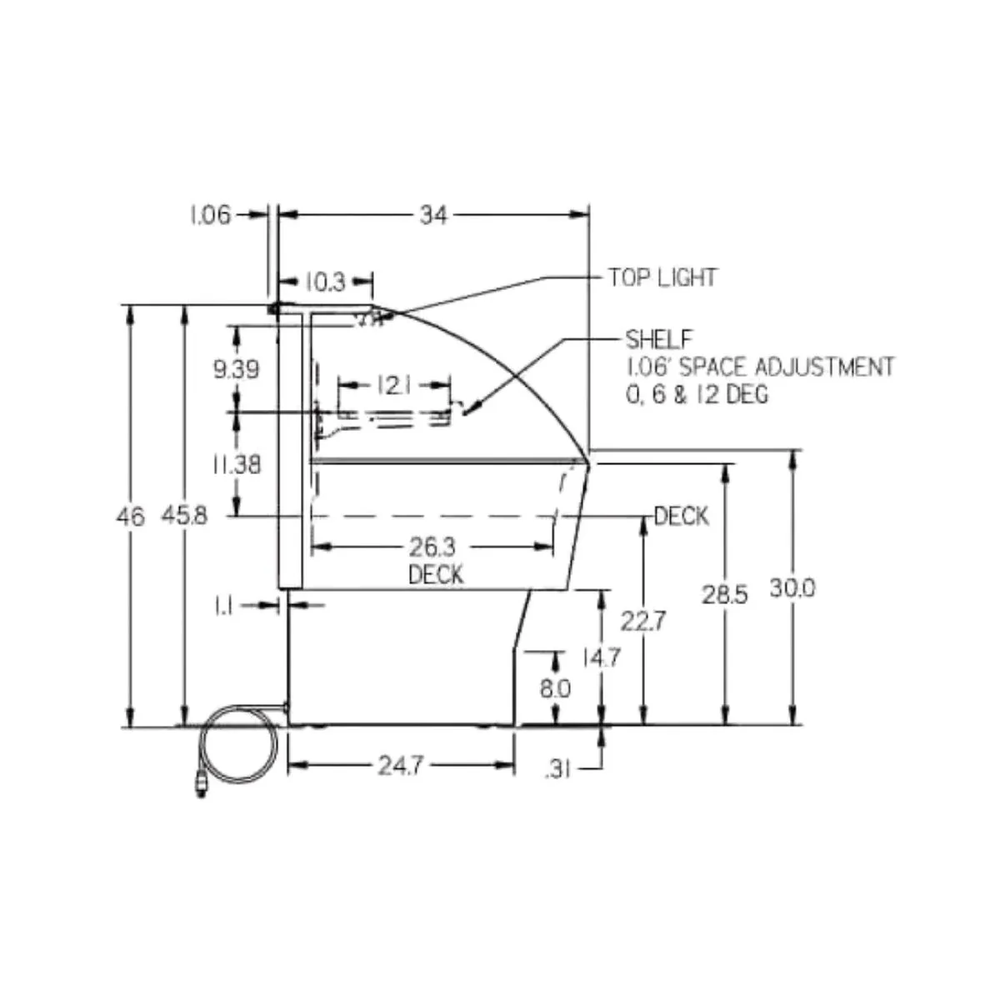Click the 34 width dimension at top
(432, 215)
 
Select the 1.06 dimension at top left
(210, 215)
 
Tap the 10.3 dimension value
(324, 282)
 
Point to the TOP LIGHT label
(662, 277)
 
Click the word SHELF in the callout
(659, 339)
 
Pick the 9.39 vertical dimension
(236, 369)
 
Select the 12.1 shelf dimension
(394, 386)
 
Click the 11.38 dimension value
(237, 464)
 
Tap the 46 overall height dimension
(131, 517)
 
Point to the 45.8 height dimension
(184, 515)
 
